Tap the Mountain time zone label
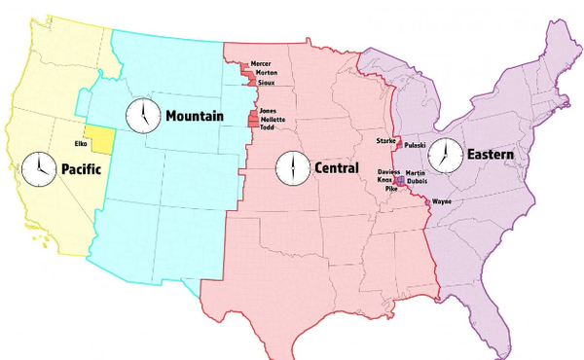[194, 117]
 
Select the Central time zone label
[337, 168]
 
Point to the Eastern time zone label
[490, 155]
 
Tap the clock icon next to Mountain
[141, 116]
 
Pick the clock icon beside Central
[290, 167]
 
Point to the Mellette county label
[273, 119]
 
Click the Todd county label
[267, 127]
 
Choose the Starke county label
[385, 141]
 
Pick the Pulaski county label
[416, 144]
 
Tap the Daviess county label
[388, 171]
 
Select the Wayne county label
[442, 201]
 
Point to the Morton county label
[265, 73]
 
